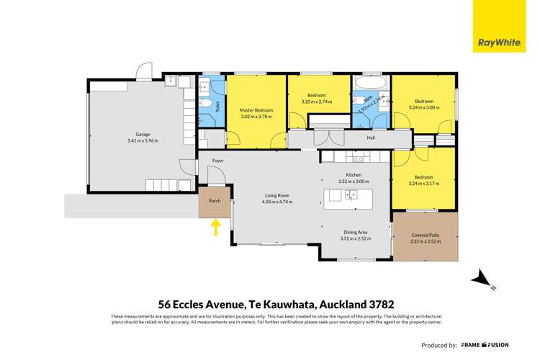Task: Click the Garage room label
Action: click(143, 133)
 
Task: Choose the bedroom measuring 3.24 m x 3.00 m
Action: click(423, 108)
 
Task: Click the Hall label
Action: click(371, 138)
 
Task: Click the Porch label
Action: click(215, 202)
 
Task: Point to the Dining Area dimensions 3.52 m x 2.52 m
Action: click(356, 238)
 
